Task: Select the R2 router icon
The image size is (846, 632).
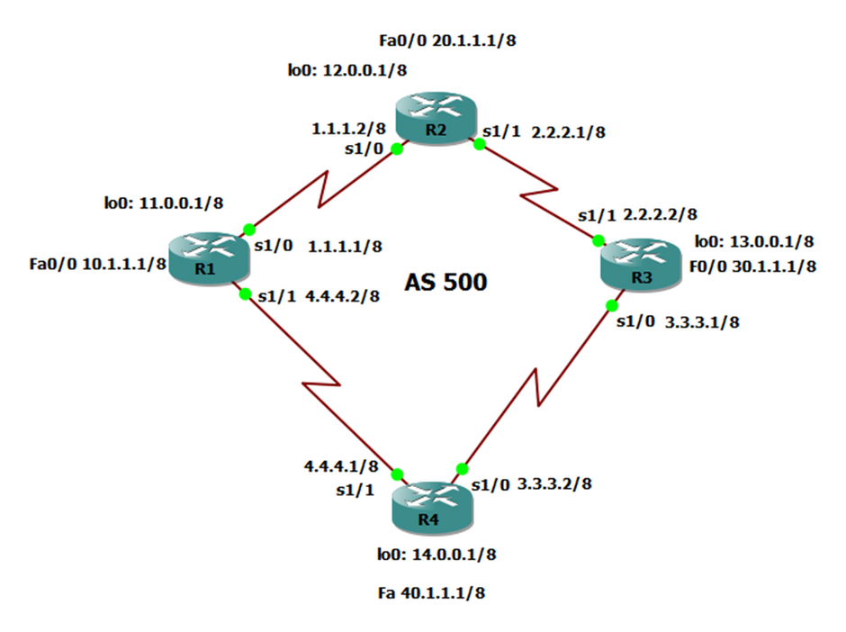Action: point(436,118)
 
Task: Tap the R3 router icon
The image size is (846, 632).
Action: point(640,267)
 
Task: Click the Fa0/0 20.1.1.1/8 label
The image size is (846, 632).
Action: point(449,41)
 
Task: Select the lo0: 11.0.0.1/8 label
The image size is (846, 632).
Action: point(155,203)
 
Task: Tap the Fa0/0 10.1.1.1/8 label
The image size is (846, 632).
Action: point(97,264)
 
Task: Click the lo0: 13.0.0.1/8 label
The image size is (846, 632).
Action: point(754,241)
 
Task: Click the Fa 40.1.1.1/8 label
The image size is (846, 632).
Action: point(436,594)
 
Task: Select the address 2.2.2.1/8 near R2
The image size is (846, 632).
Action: point(569,132)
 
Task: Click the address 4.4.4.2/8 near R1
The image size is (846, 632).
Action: point(346,294)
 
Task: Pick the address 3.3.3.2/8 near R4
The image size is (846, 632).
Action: point(554,483)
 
